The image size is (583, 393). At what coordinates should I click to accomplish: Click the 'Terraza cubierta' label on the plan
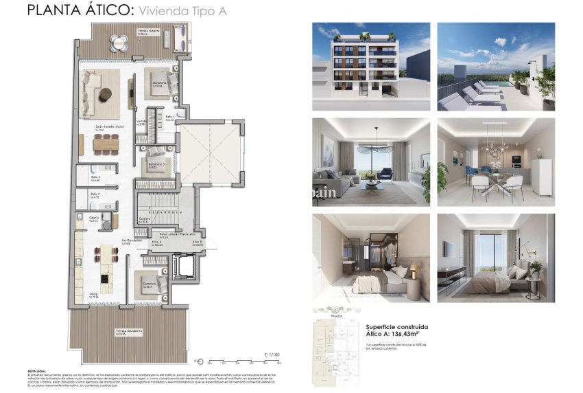tap(148, 32)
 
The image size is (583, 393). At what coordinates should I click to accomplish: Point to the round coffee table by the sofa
tap(108, 94)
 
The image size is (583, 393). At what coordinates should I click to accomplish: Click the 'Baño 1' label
tap(171, 117)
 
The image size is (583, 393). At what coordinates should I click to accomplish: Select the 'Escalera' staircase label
tap(144, 219)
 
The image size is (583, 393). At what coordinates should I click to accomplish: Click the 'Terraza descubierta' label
tap(129, 331)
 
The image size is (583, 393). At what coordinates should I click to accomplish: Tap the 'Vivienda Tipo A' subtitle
tap(182, 11)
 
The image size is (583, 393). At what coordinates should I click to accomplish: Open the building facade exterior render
tap(371, 67)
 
